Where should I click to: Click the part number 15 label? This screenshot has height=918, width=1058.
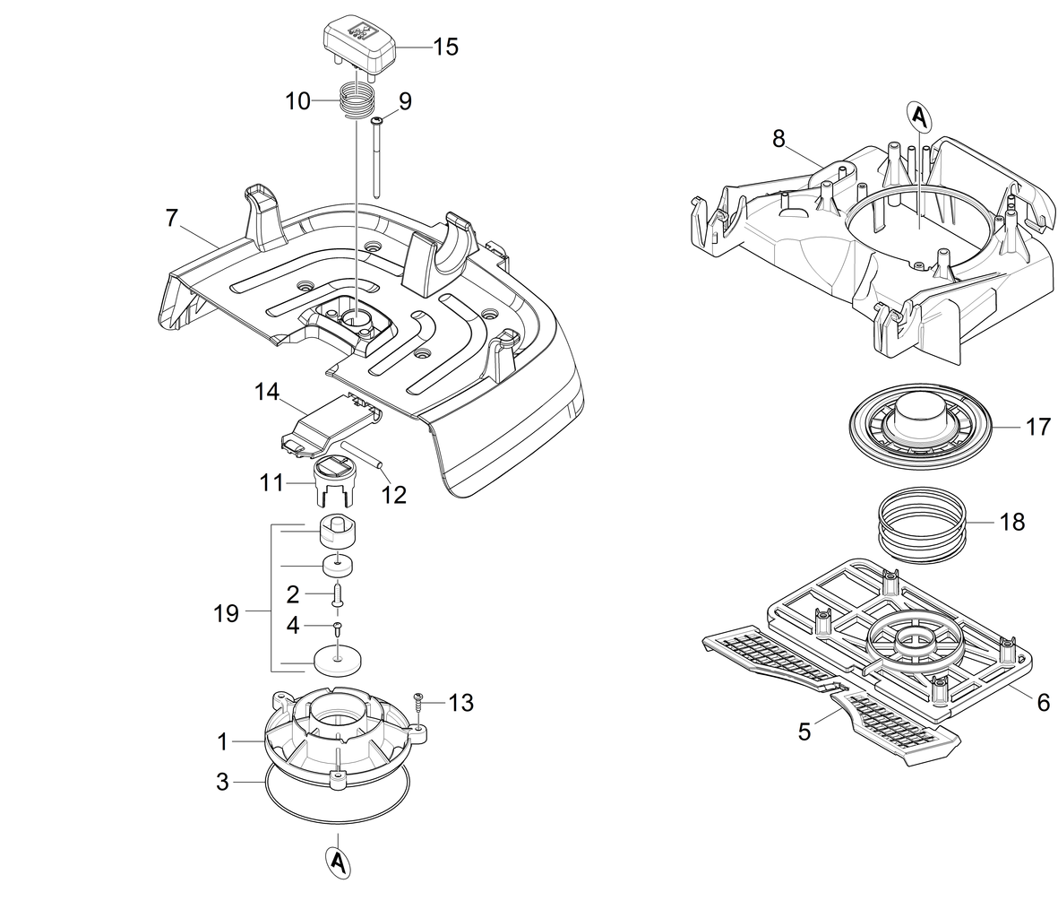(x=445, y=48)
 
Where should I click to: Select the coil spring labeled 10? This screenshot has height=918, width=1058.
(x=357, y=98)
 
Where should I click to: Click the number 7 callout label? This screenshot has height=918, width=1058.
(x=172, y=216)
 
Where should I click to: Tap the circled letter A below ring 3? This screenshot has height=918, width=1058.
(x=337, y=860)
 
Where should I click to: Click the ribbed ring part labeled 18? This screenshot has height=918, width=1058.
(x=920, y=523)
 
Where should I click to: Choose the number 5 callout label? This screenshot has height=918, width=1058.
(x=804, y=732)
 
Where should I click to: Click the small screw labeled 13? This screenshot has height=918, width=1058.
(x=417, y=700)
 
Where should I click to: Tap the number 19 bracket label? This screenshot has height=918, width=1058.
(x=227, y=614)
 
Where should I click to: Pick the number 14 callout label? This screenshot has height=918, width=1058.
(x=267, y=392)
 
